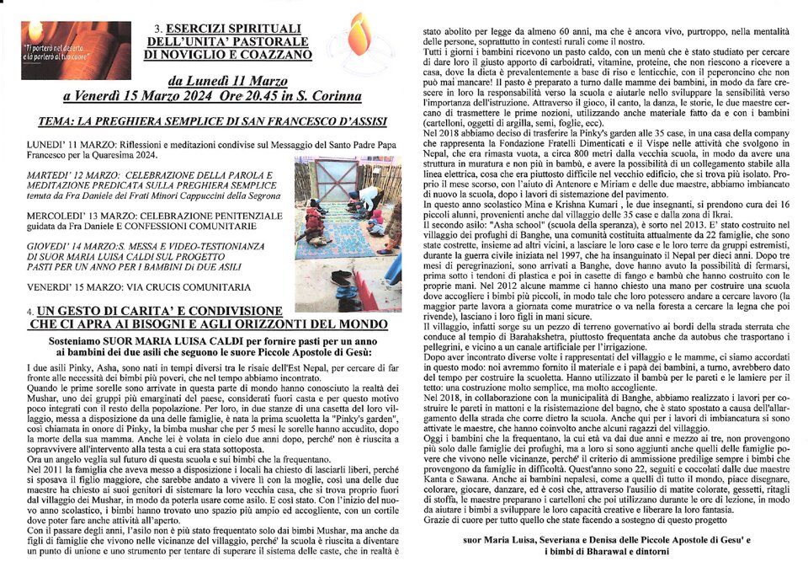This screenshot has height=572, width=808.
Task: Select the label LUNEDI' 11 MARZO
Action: tap(71, 144)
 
